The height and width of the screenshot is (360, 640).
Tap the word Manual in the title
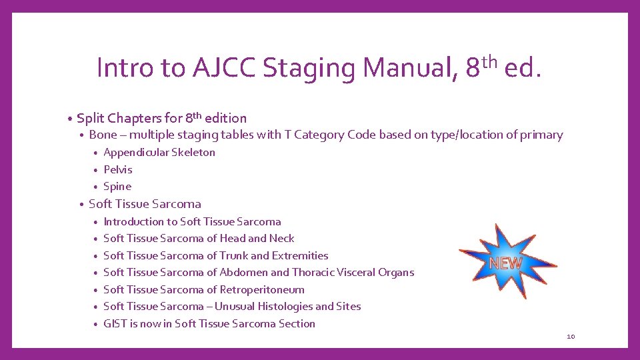[x=408, y=67]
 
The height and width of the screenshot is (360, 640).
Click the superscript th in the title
[x=489, y=62]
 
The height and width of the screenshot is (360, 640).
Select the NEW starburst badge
[x=507, y=262]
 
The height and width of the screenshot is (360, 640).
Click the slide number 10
[x=571, y=337]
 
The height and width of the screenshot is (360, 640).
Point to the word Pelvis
[x=118, y=169]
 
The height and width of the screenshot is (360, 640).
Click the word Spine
[x=117, y=187]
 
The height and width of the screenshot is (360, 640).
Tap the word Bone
[x=103, y=135]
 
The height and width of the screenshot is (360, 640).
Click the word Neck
[x=282, y=239]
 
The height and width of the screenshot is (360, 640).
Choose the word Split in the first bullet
[x=91, y=119]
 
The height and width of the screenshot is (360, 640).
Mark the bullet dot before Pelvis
[x=97, y=170]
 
